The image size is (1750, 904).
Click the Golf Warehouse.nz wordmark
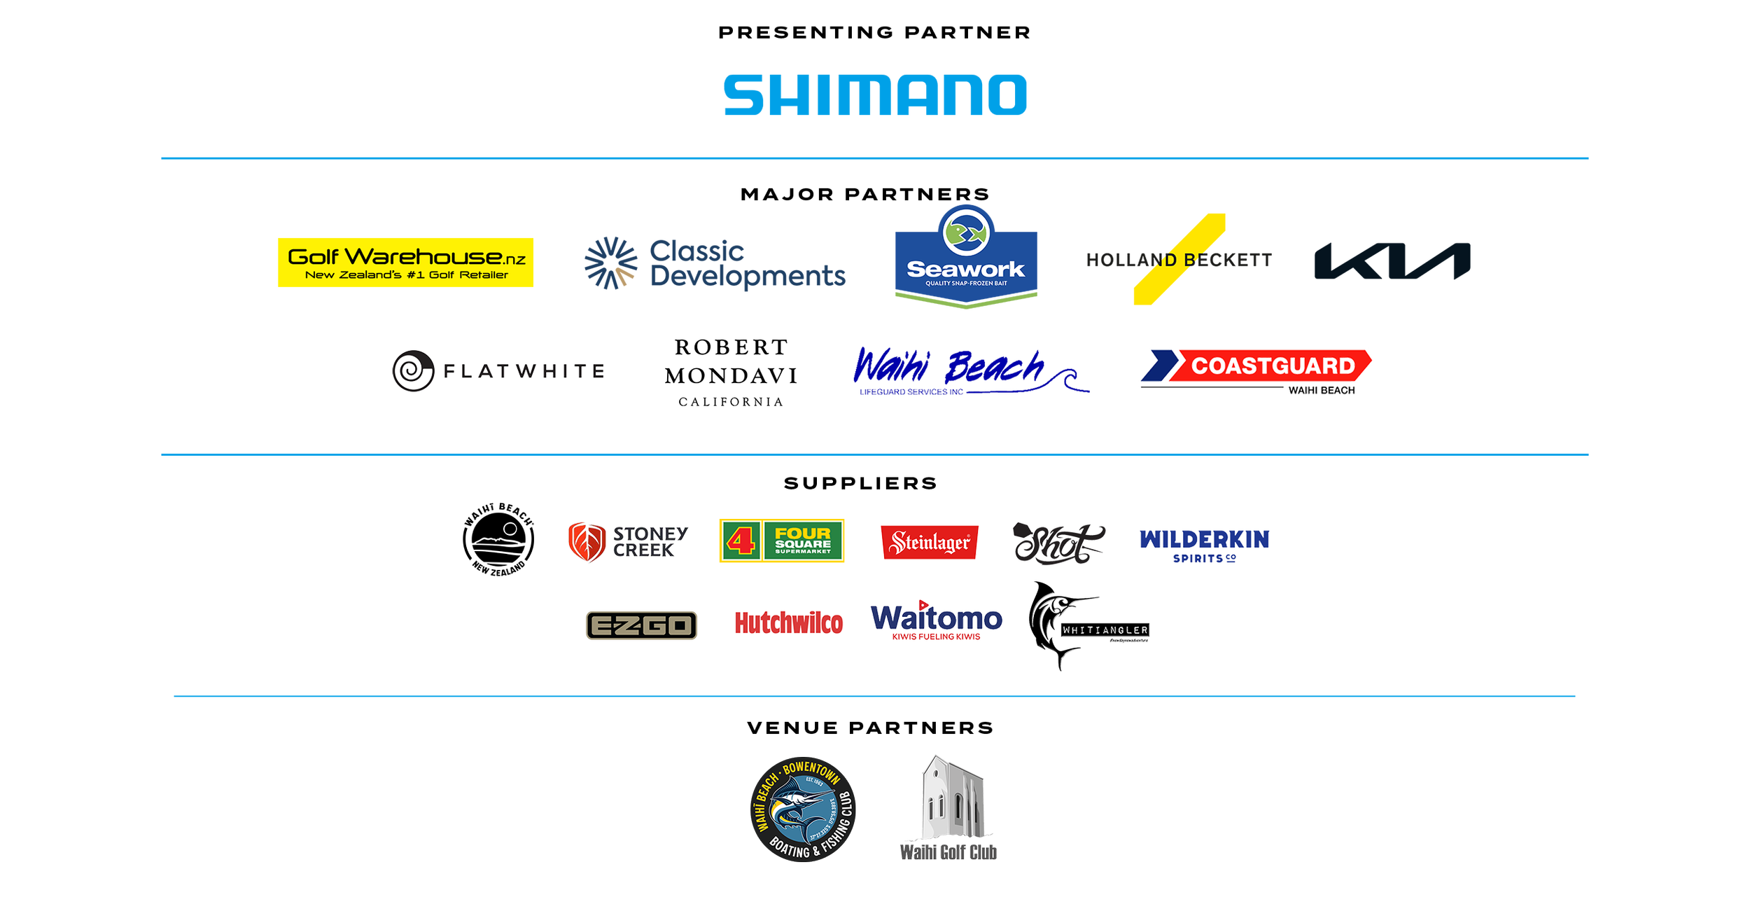[x=406, y=257]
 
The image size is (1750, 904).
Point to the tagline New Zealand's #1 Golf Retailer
[x=406, y=275]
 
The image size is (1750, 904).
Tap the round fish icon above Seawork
[x=965, y=232]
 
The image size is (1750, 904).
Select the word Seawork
[x=965, y=269]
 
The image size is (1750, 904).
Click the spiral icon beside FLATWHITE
[x=412, y=370]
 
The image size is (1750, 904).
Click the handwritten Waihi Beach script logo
[x=959, y=369]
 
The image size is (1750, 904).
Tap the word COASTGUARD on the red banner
[x=1273, y=366]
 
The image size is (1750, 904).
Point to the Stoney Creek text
[x=650, y=541]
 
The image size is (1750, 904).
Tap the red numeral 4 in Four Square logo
[x=741, y=541]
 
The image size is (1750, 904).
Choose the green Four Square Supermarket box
[x=802, y=541]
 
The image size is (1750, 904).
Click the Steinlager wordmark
[x=930, y=542]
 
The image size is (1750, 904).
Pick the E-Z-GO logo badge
[x=641, y=625]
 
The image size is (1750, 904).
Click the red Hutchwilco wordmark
[x=788, y=623]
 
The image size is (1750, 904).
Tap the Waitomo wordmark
[x=936, y=619]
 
